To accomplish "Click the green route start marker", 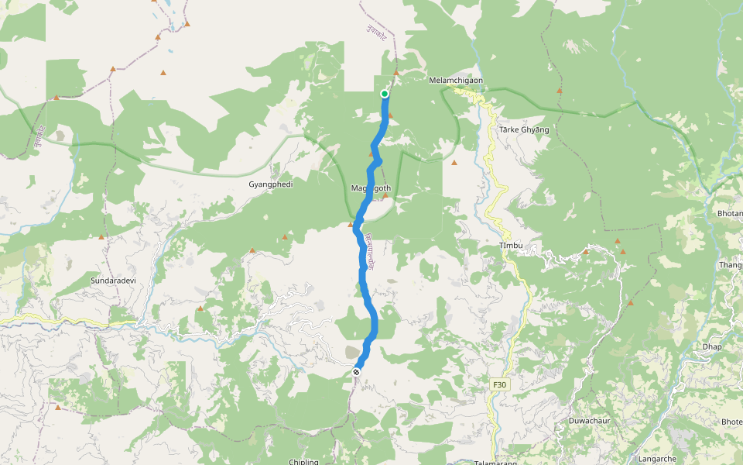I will click(385, 94).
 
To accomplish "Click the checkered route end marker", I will click(356, 373).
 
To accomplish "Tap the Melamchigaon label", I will click(461, 80).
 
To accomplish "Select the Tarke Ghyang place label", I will click(524, 129).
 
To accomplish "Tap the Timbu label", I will click(511, 246).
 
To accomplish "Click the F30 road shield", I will click(499, 384).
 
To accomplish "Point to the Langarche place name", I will click(658, 459).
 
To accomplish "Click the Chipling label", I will click(303, 462).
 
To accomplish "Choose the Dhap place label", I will click(712, 346).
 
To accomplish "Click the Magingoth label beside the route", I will click(371, 188).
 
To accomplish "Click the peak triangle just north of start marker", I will click(396, 73).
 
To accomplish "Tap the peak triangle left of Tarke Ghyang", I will click(454, 163).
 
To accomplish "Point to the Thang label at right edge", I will click(731, 265).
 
